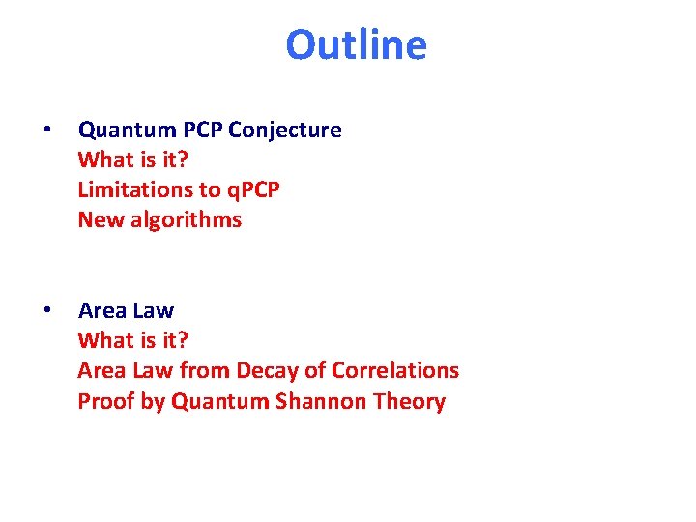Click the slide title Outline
356,45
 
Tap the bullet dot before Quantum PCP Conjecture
46,130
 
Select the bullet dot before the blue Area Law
46,310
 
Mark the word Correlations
394,370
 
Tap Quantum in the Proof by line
217,401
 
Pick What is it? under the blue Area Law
132,340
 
